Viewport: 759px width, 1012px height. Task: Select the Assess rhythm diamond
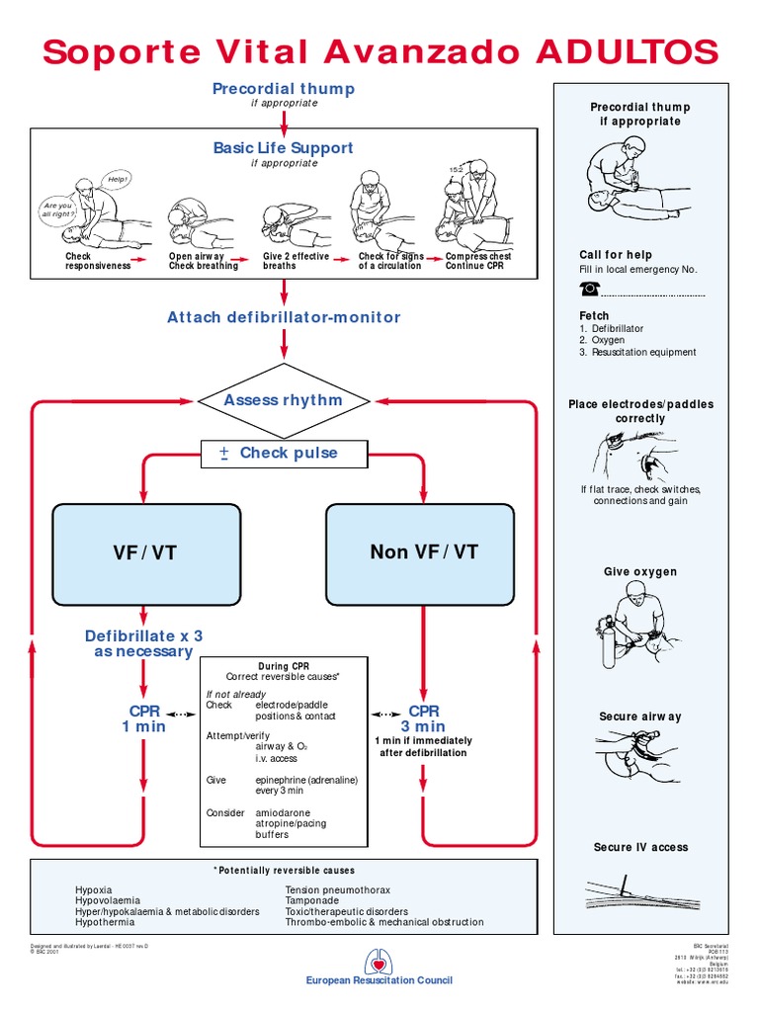point(284,400)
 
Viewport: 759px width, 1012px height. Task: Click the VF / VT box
point(145,552)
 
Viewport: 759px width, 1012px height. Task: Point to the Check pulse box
point(284,454)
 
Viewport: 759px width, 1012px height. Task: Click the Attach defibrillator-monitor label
point(284,317)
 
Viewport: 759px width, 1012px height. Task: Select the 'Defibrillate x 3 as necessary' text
point(144,643)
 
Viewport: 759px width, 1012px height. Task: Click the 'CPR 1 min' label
point(144,718)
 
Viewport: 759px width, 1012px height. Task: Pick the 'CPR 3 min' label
point(424,718)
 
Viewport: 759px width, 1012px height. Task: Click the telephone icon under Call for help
point(590,289)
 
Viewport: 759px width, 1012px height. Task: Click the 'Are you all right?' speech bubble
point(58,211)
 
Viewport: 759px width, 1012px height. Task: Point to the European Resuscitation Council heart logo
point(379,960)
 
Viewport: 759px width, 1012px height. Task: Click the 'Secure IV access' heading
point(640,847)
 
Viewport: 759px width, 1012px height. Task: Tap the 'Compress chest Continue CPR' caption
point(478,261)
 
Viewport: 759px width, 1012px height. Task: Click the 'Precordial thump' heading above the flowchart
point(284,89)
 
